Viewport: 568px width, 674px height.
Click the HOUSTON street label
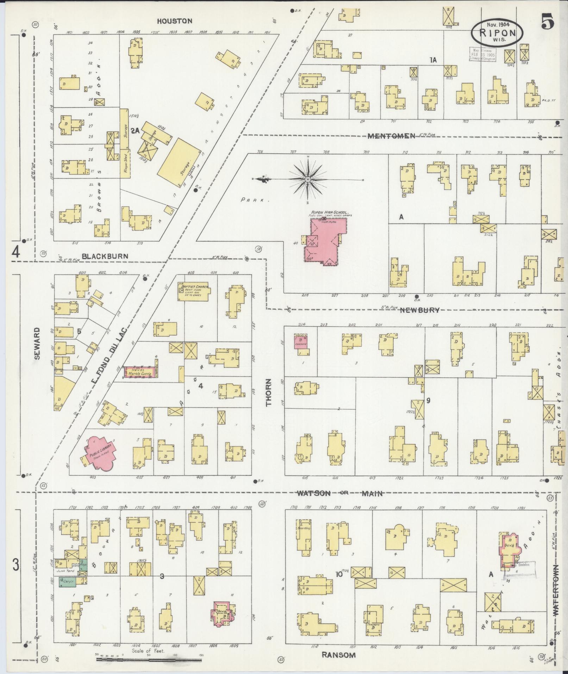pyautogui.click(x=174, y=21)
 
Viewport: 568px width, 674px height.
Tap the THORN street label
pyautogui.click(x=269, y=392)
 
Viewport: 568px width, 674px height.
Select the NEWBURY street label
pyautogui.click(x=420, y=310)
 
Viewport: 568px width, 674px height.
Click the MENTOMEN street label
pyautogui.click(x=391, y=136)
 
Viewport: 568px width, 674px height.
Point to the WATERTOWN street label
pyautogui.click(x=556, y=595)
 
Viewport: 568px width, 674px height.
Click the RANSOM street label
pyautogui.click(x=338, y=655)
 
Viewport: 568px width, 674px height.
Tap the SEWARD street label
pyautogui.click(x=37, y=344)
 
